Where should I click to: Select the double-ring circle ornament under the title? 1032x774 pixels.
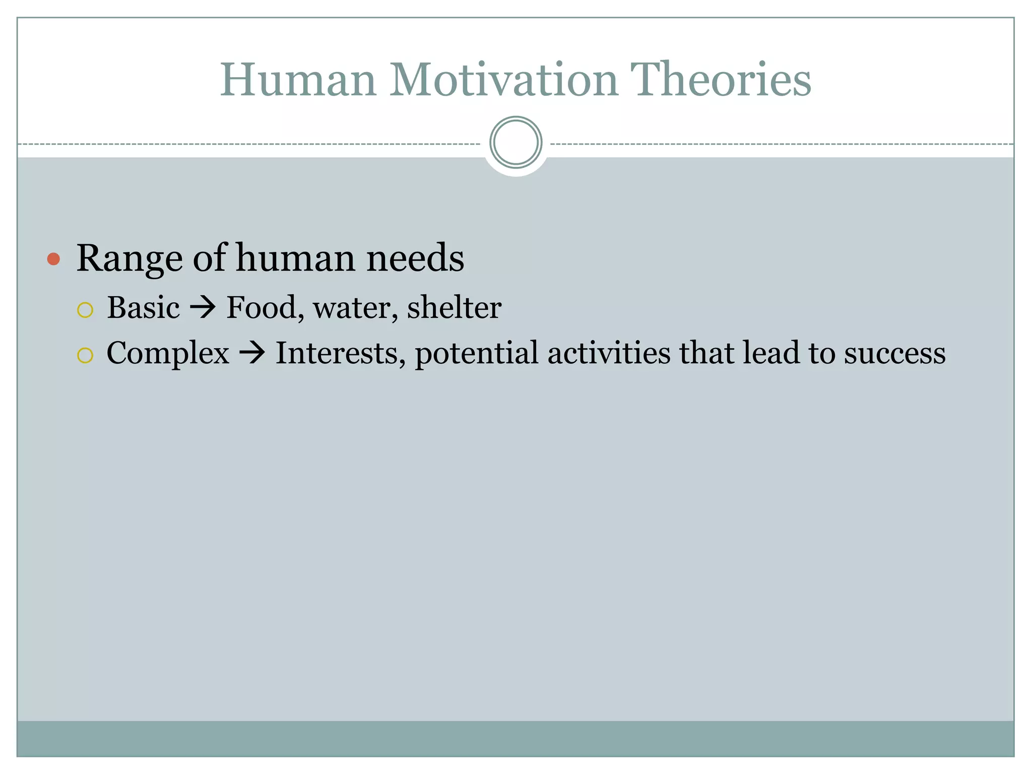(515, 142)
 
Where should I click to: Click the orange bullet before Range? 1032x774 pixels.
(53, 260)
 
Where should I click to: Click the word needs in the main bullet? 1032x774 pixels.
(415, 258)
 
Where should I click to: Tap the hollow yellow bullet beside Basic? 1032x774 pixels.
(85, 310)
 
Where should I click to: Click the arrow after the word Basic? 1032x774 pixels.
(203, 307)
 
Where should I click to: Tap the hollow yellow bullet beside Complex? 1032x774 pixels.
(85, 355)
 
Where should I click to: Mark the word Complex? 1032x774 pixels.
(168, 354)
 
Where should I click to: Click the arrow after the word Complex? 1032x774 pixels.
(252, 353)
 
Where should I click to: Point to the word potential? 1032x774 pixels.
(476, 354)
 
